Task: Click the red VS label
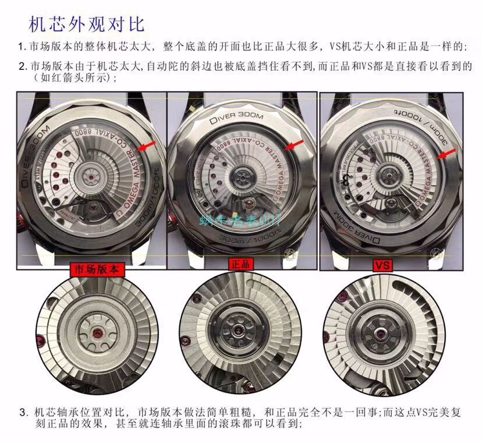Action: (382, 265)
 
